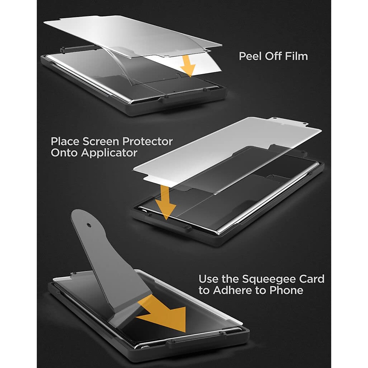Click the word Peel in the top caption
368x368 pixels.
point(251,56)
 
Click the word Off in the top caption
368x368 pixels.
point(274,56)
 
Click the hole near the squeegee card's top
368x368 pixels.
point(89,225)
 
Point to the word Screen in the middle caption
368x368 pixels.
point(99,142)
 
